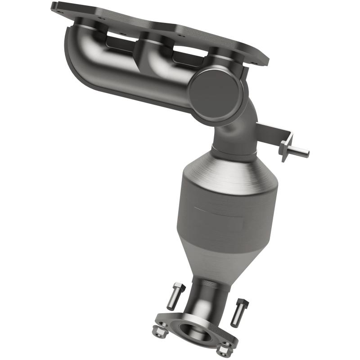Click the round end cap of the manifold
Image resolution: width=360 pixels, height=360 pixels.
(x=211, y=90)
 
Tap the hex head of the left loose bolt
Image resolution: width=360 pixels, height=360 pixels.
(x=178, y=288)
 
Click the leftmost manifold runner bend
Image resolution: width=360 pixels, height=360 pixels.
(x=85, y=49)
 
